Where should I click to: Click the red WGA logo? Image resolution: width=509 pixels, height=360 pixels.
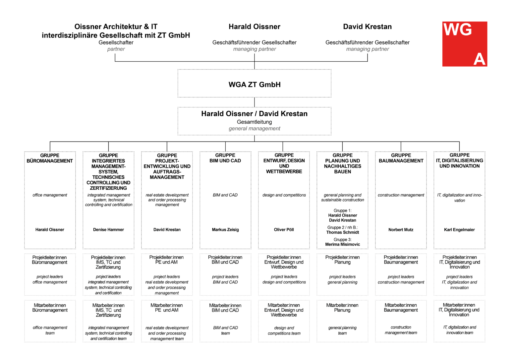(x=465, y=44)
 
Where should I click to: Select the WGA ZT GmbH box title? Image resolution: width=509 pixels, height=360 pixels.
(x=254, y=85)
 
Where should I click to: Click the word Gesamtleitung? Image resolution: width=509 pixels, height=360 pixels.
(x=254, y=122)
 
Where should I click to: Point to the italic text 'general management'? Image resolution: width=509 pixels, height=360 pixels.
(x=254, y=129)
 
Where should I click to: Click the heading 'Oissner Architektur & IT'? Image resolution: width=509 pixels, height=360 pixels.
(x=116, y=27)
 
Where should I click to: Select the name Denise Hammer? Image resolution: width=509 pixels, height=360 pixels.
(x=108, y=230)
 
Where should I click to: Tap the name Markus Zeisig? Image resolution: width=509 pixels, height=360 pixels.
(x=225, y=230)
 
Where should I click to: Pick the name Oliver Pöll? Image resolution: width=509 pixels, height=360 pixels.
(x=284, y=230)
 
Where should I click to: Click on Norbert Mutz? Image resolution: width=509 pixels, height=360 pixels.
(x=401, y=230)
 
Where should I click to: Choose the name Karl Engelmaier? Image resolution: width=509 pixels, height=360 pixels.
(x=459, y=230)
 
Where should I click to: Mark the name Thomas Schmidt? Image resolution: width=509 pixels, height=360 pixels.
(x=343, y=232)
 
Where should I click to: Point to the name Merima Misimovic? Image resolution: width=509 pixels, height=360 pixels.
(x=343, y=245)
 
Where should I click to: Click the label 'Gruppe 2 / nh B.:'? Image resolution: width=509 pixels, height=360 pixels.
(x=343, y=227)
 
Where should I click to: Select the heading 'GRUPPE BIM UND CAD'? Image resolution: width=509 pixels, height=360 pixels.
(x=225, y=158)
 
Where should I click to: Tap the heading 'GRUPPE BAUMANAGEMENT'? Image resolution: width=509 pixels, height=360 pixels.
(x=401, y=158)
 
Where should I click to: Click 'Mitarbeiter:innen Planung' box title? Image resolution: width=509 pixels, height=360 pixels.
(x=342, y=308)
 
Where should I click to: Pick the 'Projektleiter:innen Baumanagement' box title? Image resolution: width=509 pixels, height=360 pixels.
(x=401, y=260)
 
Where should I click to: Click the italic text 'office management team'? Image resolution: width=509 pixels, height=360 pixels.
(x=50, y=330)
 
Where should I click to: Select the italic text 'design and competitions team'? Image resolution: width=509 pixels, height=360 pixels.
(x=284, y=330)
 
